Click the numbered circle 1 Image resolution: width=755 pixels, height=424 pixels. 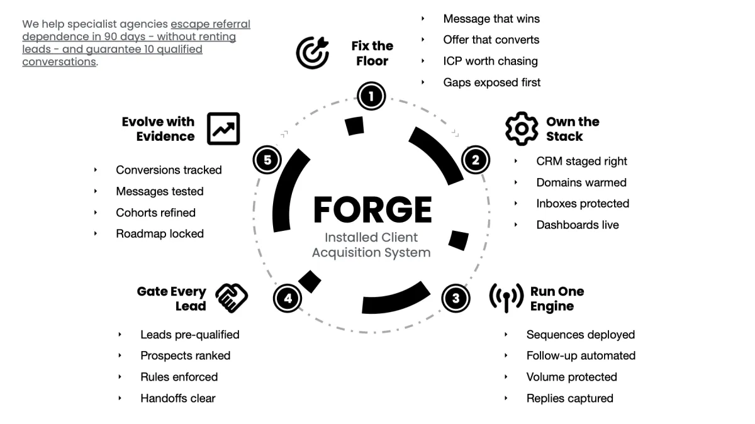(371, 96)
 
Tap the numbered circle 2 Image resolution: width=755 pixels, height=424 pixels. (475, 160)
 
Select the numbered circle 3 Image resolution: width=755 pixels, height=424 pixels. (456, 298)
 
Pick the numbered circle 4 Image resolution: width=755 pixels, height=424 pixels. (288, 298)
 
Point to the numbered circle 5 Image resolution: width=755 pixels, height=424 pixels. (267, 160)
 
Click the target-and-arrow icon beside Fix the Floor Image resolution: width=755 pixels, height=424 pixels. (313, 53)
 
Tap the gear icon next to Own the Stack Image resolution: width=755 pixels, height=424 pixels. (522, 128)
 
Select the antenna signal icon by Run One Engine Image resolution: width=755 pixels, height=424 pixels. (506, 298)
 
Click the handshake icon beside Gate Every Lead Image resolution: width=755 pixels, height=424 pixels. (232, 298)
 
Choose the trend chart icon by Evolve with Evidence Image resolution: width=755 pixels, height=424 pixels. (223, 128)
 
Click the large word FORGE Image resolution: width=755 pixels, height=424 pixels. (372, 209)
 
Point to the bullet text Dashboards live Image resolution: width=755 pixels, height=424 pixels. (577, 225)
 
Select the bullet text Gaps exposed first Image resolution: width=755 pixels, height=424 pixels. (491, 82)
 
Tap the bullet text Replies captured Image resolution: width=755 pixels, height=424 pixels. (569, 398)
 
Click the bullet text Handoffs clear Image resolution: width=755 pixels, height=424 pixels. (177, 398)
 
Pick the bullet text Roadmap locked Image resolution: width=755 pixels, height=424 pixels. (160, 233)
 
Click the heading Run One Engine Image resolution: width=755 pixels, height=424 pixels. (557, 299)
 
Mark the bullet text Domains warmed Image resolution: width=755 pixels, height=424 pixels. (581, 182)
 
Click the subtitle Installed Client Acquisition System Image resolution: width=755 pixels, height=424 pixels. (371, 245)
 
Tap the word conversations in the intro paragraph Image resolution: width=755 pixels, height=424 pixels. (59, 62)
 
